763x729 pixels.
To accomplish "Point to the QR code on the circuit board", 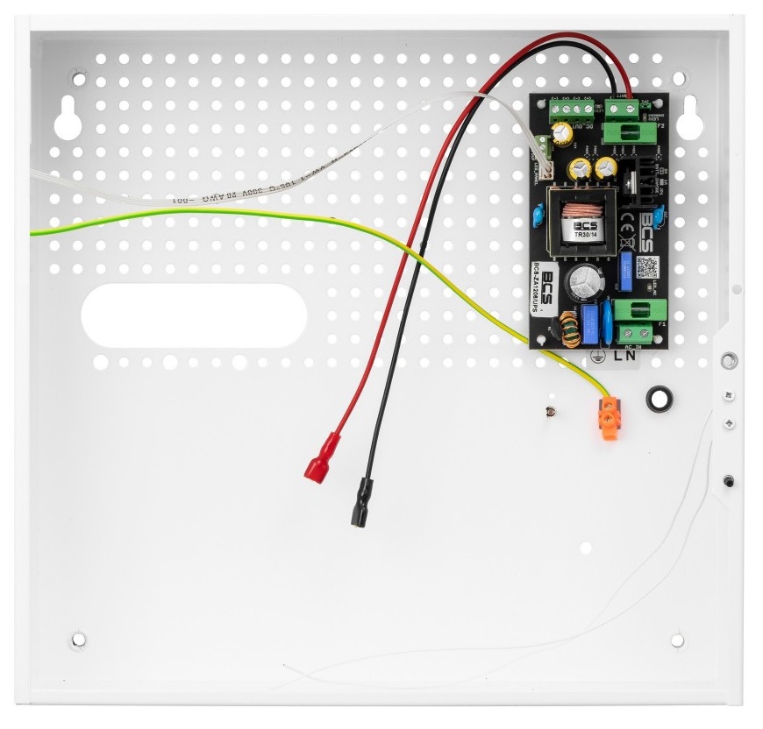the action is coord(646,265).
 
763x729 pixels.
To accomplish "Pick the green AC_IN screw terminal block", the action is coord(635,332).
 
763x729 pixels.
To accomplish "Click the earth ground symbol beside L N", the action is coord(596,357).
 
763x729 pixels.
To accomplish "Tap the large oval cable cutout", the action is coord(194,315).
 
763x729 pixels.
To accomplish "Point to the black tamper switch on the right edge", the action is coord(728,480).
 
